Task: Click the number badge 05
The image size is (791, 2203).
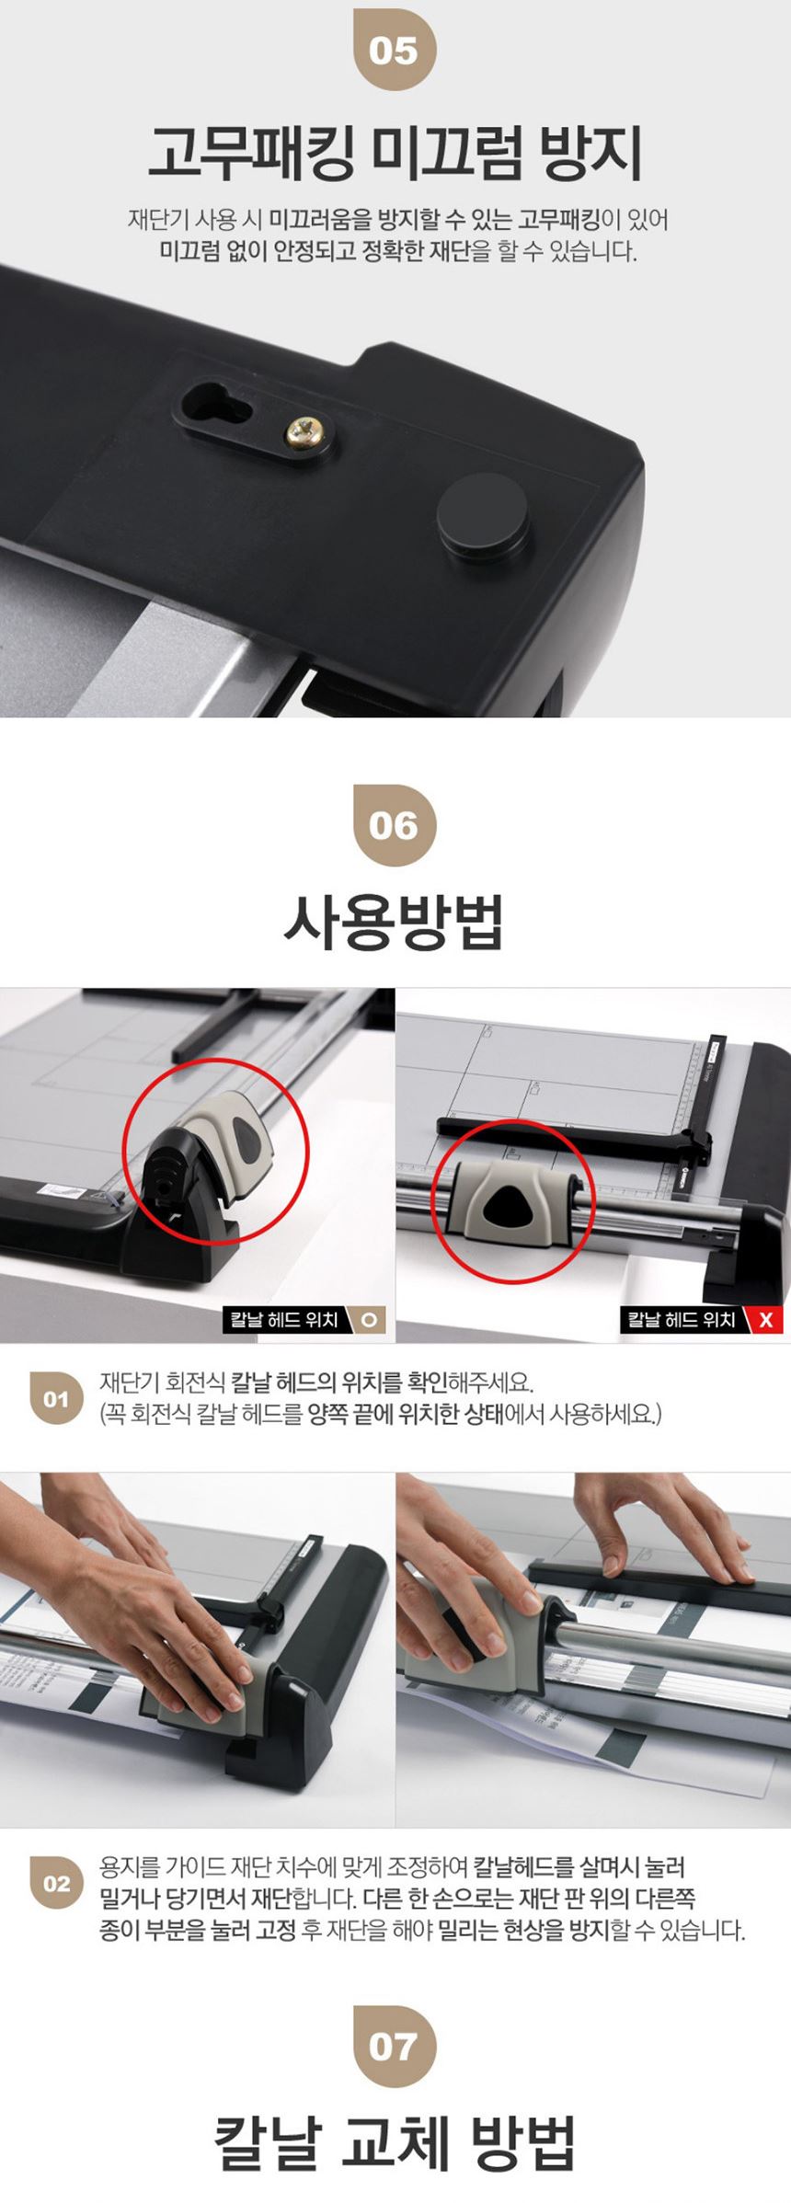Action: point(395,50)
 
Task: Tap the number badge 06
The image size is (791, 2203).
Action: point(395,825)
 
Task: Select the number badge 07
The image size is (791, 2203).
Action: point(395,2046)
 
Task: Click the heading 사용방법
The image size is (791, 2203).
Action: point(395,922)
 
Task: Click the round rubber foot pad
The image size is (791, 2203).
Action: point(483,517)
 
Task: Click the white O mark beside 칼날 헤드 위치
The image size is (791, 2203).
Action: point(369,1320)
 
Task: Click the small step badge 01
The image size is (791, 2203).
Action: point(56,1399)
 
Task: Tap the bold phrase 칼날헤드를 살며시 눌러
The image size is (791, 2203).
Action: point(579,1867)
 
